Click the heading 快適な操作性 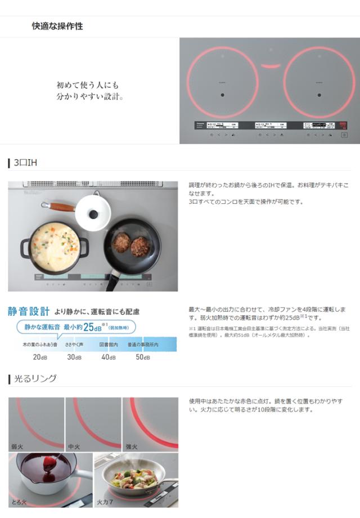pos(57,26)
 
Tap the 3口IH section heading pos(25,163)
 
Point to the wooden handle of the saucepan pos(58,207)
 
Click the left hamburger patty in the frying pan pos(121,242)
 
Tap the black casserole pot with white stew pos(55,248)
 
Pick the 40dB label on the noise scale pos(108,357)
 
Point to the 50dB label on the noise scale pos(142,357)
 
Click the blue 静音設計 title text pos(28,311)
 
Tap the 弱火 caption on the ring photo pos(17,446)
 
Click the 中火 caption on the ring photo pos(74,446)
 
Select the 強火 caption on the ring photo pos(130,446)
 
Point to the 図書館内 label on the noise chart pos(108,344)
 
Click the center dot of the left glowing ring pos(223,95)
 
